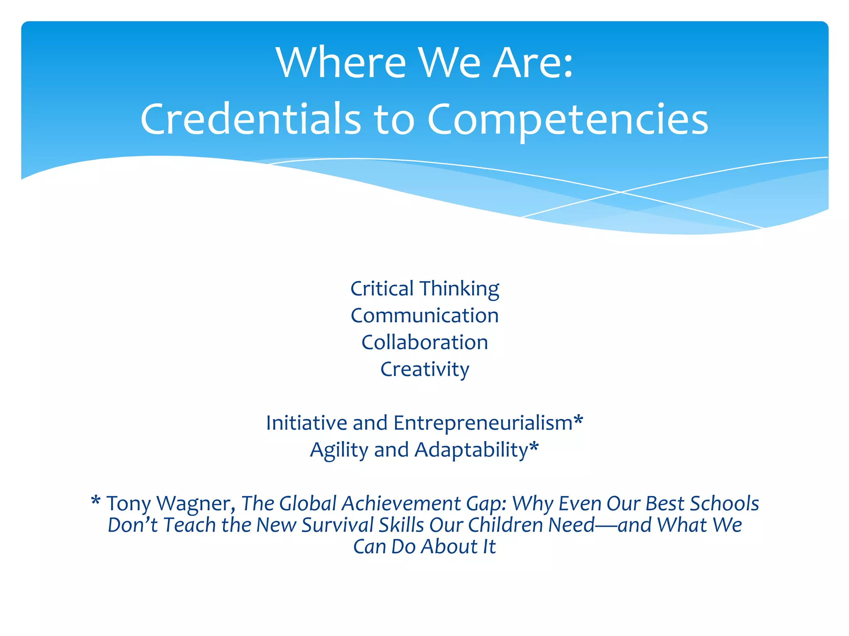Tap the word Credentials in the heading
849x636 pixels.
pyautogui.click(x=250, y=119)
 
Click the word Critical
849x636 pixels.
pyautogui.click(x=382, y=289)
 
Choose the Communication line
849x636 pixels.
pyautogui.click(x=424, y=316)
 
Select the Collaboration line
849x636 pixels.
pyautogui.click(x=424, y=342)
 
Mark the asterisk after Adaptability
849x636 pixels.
pyautogui.click(x=534, y=447)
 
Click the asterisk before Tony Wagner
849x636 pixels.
pyautogui.click(x=96, y=501)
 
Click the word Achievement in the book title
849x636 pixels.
pyautogui.click(x=401, y=503)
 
